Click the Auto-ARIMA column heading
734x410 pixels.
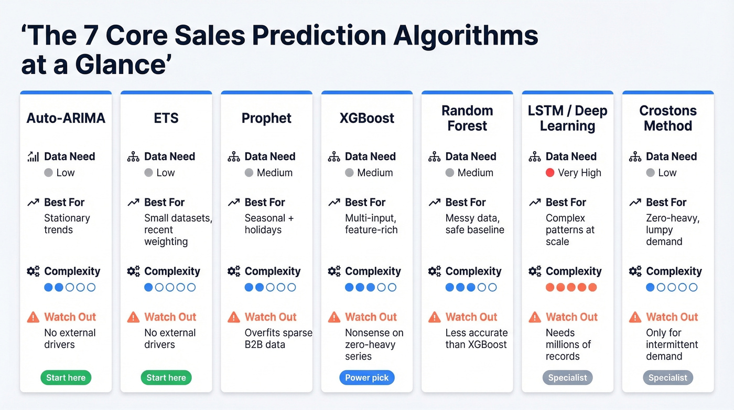coord(66,118)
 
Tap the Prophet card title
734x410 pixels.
coord(266,118)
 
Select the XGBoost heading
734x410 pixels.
coord(366,118)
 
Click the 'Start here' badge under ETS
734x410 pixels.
coord(166,377)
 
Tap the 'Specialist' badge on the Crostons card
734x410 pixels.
coord(668,377)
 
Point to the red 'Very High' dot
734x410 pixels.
coord(550,173)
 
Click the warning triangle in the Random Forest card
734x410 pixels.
coord(434,317)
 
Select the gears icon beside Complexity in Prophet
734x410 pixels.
coord(234,271)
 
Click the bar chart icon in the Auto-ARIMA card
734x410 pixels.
coord(33,156)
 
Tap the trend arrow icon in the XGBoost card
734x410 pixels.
coord(334,203)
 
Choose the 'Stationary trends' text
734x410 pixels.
coord(67,224)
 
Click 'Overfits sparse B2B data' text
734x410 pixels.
coord(278,339)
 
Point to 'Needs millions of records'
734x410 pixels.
coord(568,344)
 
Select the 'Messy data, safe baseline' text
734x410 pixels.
coord(474,224)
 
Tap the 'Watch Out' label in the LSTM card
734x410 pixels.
coord(571,317)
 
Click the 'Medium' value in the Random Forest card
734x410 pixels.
coord(475,173)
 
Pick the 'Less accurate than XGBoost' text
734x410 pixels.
coord(476,339)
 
